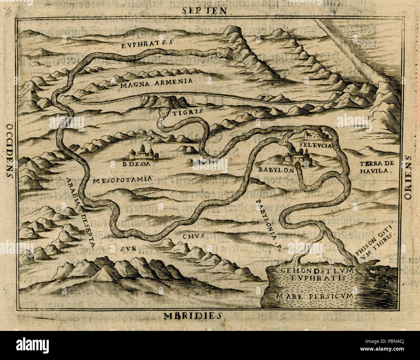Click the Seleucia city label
coord(315,145)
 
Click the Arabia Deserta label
coord(80,212)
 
